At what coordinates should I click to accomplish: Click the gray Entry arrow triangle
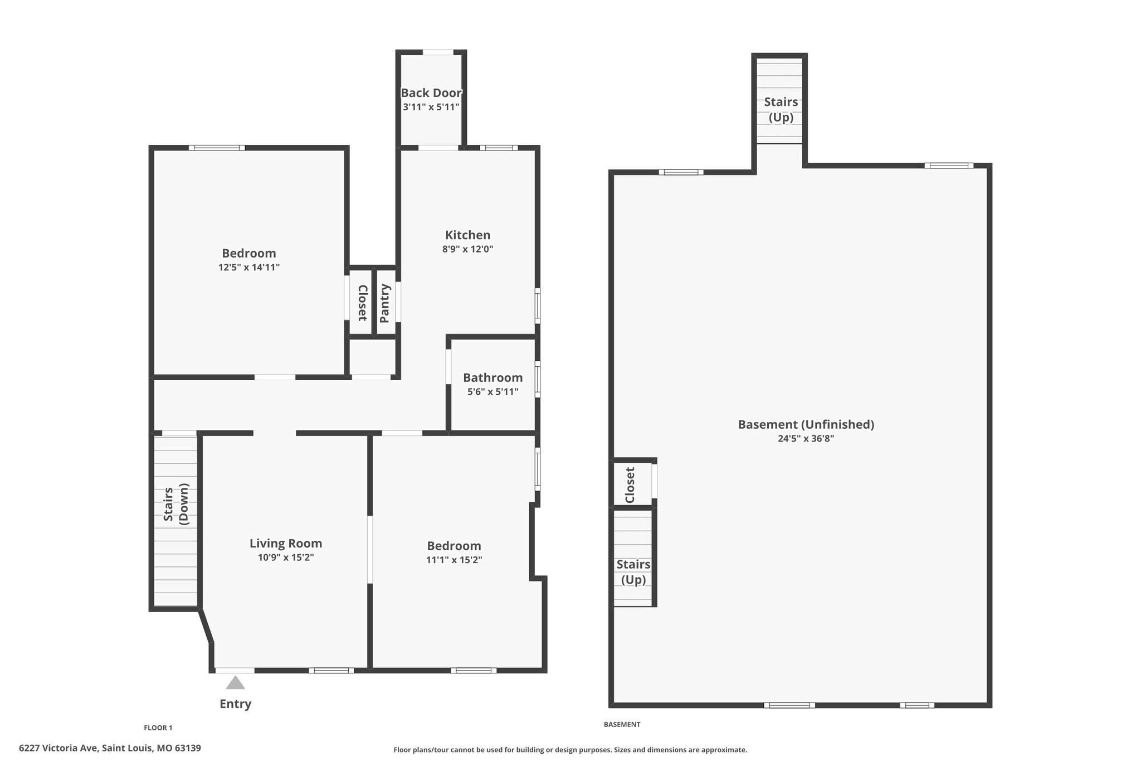coord(235,684)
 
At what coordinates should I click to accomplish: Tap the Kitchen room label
coord(467,235)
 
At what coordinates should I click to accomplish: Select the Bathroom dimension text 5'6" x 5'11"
coord(493,392)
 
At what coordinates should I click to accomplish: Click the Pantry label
coord(385,303)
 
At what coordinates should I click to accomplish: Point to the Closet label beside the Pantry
coord(362,303)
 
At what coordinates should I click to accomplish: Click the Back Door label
coord(431,93)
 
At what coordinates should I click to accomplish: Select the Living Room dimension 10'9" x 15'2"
coord(286,558)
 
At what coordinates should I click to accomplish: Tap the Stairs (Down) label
coord(176,505)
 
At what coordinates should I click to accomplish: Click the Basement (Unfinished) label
coord(806,424)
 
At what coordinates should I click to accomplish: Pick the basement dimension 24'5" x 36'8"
coord(806,439)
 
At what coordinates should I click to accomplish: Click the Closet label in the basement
coord(630,484)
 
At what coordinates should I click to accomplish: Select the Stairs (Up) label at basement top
coord(781,109)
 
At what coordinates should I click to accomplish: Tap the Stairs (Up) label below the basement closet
coord(633,572)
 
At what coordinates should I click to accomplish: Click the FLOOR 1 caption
coord(158,728)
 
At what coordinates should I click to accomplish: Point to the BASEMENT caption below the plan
coord(622,724)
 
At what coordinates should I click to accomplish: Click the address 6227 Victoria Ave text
coord(110,748)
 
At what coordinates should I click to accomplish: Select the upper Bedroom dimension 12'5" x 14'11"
coord(248,268)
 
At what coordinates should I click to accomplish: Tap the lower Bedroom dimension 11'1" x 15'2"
coord(454,560)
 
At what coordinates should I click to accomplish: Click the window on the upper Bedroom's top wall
coord(217,148)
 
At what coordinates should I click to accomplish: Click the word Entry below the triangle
coord(235,704)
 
